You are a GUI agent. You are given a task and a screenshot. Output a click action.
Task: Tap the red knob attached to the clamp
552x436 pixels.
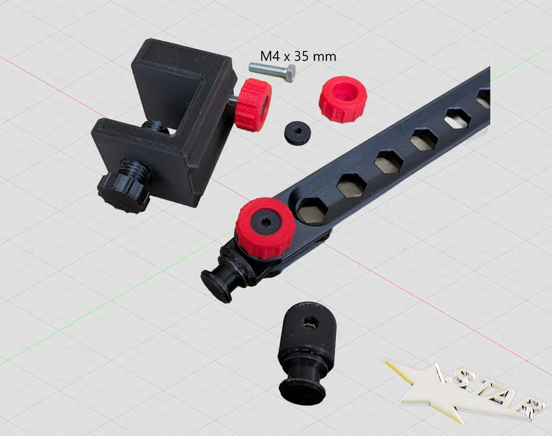252,105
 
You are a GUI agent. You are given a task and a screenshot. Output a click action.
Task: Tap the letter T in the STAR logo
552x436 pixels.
487,388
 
